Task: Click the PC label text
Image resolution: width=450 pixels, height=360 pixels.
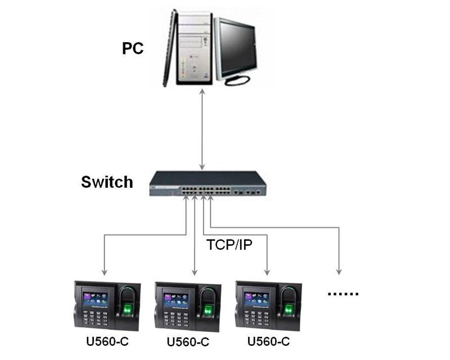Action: (133, 48)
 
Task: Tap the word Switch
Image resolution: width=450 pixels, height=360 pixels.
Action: (107, 182)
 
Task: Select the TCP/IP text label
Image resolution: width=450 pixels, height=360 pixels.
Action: (229, 245)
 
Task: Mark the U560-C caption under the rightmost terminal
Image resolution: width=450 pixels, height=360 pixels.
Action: (268, 341)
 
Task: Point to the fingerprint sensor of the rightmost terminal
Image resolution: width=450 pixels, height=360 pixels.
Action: (290, 309)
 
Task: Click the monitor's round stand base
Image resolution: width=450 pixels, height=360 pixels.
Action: (237, 81)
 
